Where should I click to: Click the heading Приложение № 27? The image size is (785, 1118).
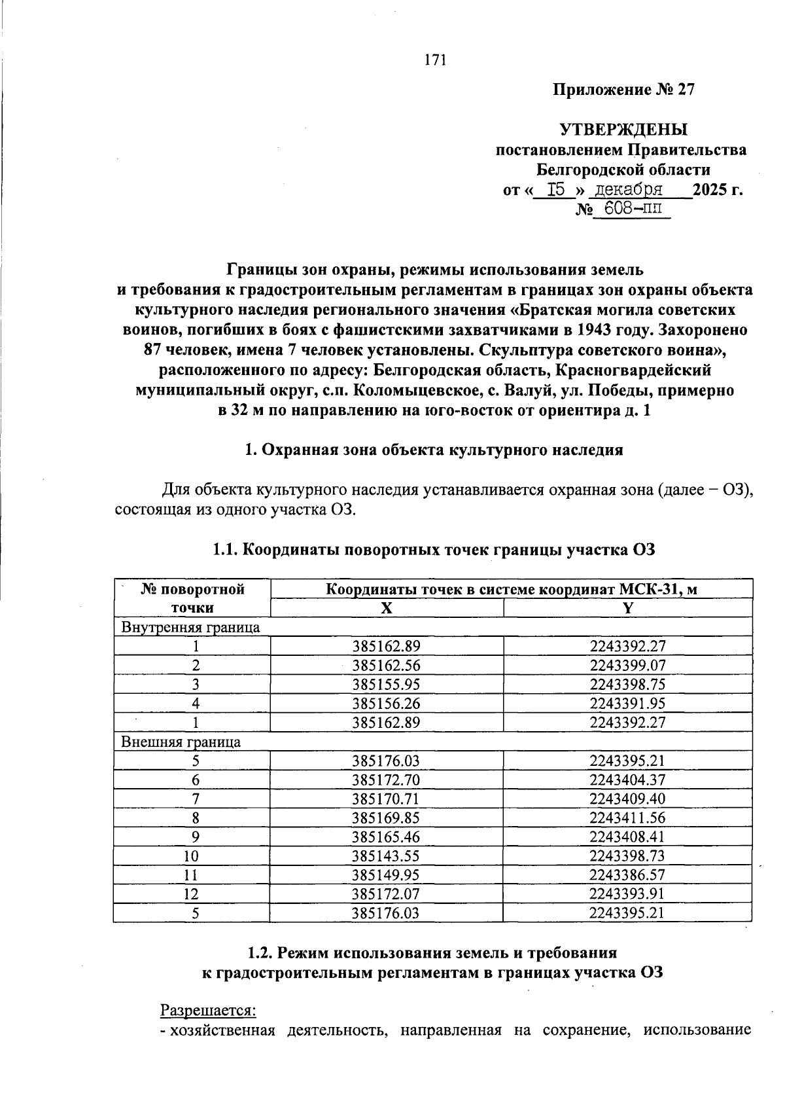[x=623, y=90]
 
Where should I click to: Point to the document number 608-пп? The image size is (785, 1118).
[x=625, y=209]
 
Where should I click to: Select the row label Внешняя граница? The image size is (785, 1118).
[x=181, y=742]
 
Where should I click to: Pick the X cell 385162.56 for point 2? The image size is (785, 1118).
[x=386, y=666]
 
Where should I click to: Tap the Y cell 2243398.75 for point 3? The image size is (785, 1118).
[x=627, y=685]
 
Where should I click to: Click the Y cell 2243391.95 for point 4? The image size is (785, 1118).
[x=627, y=704]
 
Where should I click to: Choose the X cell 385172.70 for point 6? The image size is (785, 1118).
[x=386, y=780]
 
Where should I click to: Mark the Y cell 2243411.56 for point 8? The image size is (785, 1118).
[x=627, y=818]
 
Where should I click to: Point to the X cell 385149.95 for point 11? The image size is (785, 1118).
[x=386, y=875]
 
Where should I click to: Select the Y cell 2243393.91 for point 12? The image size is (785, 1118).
[x=627, y=894]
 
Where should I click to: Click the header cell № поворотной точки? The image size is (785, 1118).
[x=192, y=598]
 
